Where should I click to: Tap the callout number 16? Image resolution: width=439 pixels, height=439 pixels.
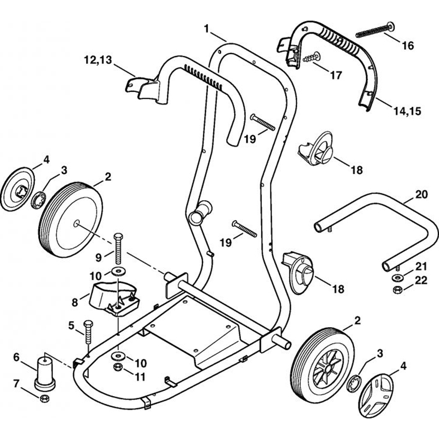coord(407,46)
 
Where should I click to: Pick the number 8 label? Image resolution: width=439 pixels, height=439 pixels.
coord(74,302)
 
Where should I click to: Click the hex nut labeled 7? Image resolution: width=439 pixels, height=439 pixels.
coord(44,399)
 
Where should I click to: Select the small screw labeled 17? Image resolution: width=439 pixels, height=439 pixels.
coord(311,57)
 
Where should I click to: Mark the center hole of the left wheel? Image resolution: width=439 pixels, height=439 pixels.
coord(76,223)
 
